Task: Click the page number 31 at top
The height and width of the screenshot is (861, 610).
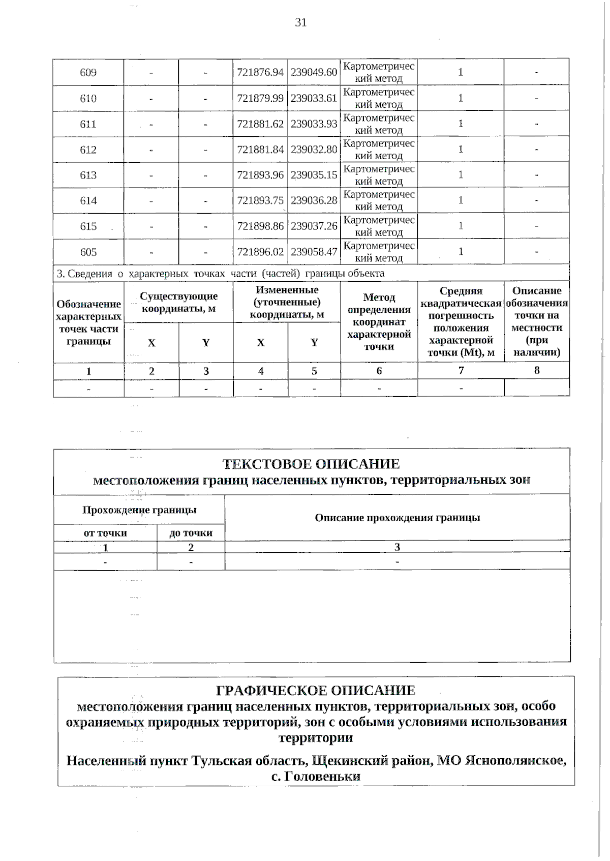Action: [300, 22]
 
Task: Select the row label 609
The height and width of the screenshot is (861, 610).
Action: [88, 72]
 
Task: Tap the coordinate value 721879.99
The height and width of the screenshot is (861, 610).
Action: [260, 98]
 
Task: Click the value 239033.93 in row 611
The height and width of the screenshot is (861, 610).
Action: [314, 124]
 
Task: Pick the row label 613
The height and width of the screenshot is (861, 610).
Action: [88, 175]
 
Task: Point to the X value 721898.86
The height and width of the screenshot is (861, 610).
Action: [260, 226]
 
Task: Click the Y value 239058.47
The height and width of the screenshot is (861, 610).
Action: [314, 252]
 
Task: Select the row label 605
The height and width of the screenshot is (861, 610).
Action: [88, 252]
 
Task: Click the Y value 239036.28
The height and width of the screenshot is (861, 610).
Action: [314, 200]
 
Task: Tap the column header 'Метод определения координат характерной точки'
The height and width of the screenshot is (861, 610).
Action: [379, 321]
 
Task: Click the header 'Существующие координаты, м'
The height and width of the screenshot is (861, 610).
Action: [178, 302]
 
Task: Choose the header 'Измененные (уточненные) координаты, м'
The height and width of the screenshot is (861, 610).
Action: [287, 302]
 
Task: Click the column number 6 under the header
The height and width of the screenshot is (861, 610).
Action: [379, 371]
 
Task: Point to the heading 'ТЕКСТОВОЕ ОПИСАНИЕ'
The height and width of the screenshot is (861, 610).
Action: [311, 464]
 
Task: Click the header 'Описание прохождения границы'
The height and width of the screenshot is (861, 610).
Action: [397, 518]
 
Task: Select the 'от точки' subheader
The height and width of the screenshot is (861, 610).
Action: [105, 533]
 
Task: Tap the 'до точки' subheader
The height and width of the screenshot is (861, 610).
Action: [191, 533]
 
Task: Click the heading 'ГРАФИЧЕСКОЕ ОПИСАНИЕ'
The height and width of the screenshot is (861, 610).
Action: [316, 690]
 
